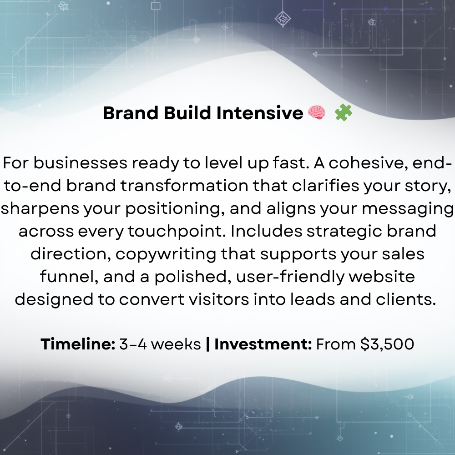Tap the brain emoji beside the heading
[317, 113]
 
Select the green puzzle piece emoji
[344, 112]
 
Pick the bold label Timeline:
[78, 344]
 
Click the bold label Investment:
[263, 344]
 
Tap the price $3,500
[387, 344]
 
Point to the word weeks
[176, 344]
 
